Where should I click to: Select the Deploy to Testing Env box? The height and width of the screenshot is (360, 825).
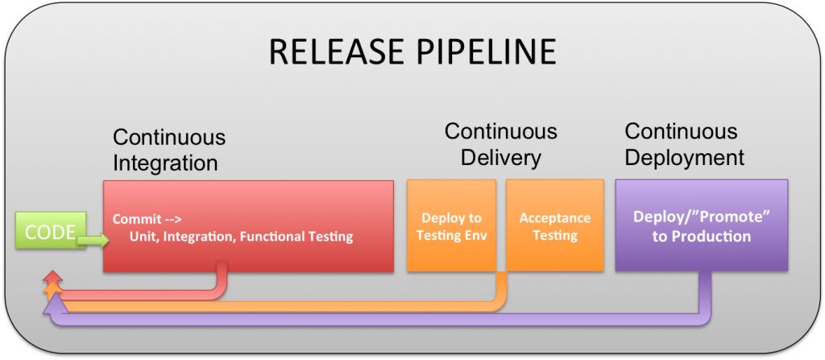[x=451, y=226]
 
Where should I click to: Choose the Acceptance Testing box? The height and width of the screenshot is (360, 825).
[x=554, y=226]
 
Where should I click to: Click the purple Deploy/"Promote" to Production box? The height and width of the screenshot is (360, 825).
[x=701, y=226]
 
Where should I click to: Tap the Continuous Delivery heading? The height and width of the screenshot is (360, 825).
[x=500, y=143]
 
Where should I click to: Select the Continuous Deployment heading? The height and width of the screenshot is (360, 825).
[x=684, y=143]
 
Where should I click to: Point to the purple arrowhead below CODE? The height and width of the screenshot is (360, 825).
[x=53, y=306]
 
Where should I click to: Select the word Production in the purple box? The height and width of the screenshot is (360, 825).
[x=714, y=236]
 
